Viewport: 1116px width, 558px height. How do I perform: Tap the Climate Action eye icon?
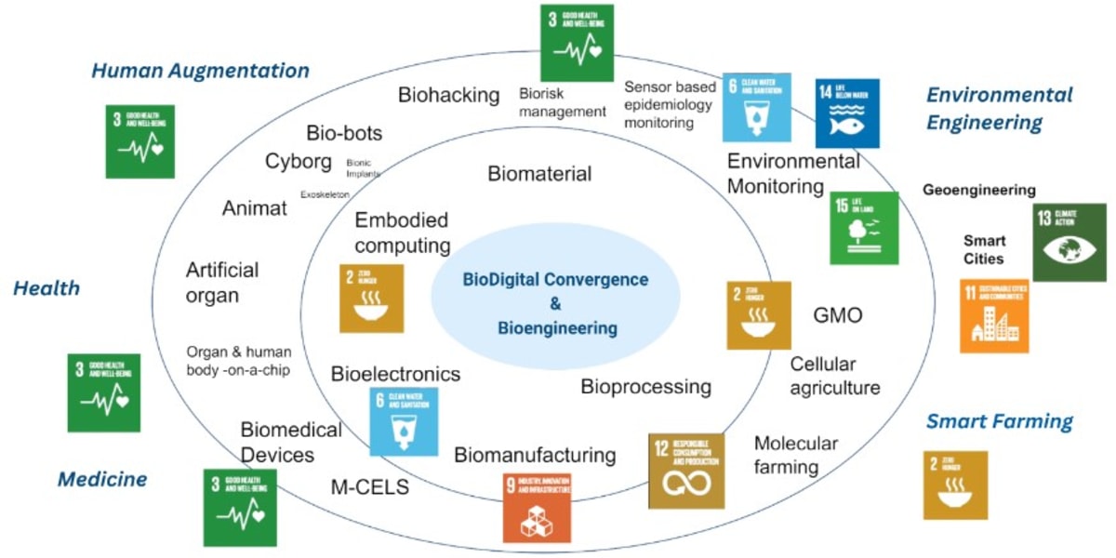tap(1069, 243)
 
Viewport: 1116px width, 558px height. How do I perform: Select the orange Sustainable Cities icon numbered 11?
tap(994, 316)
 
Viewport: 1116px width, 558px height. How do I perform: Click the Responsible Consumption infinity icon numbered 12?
tap(686, 471)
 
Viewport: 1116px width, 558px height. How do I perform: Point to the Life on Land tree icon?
tap(864, 229)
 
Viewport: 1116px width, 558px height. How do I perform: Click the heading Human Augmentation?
tap(200, 71)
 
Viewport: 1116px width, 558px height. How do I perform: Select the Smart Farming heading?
tap(999, 421)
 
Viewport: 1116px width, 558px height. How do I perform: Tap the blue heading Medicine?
tap(102, 480)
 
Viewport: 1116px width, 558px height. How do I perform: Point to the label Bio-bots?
tap(344, 132)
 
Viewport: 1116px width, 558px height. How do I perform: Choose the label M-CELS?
tap(370, 486)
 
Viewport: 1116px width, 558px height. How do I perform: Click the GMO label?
tap(837, 316)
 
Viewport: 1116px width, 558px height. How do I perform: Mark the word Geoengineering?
tap(978, 190)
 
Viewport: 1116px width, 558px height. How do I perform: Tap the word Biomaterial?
tap(539, 174)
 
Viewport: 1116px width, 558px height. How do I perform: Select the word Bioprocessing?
tap(645, 386)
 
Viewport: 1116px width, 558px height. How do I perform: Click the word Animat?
tap(254, 208)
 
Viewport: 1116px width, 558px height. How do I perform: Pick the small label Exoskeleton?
tap(325, 194)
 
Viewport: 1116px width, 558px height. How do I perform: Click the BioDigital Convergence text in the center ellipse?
tap(556, 280)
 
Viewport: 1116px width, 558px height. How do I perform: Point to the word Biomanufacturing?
tap(535, 455)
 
